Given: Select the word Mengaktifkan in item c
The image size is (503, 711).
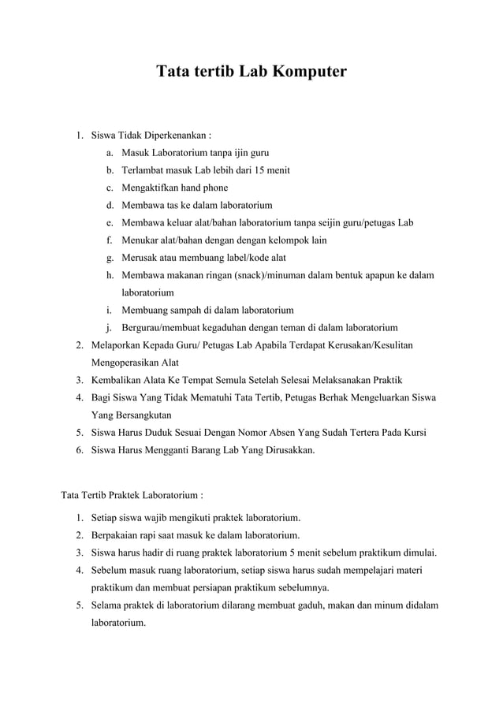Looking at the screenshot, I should [x=152, y=188].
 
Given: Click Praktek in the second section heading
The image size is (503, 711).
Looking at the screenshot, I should [x=117, y=496].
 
